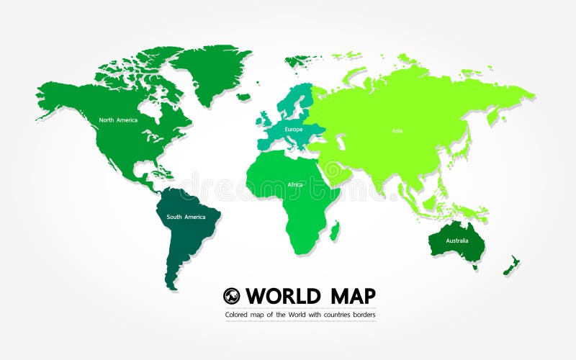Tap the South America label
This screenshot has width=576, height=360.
(186, 217)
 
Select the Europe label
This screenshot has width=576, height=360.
(294, 130)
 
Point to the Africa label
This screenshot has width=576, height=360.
(295, 184)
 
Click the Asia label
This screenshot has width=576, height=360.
(397, 130)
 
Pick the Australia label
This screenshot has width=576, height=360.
(456, 240)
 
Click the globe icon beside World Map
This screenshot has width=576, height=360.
(231, 296)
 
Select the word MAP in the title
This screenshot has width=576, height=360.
(350, 296)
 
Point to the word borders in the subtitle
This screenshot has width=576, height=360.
(364, 315)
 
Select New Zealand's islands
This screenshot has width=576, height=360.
(513, 264)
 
